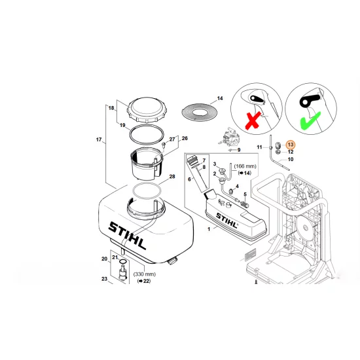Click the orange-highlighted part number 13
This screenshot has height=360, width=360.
coord(291,145)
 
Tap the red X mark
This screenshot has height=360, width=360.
coord(253,120)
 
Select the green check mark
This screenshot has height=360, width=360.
coord(310,120)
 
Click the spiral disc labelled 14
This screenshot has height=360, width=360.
coord(199,112)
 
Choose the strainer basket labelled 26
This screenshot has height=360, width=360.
coord(146,164)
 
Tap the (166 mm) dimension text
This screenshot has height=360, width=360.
coord(245,166)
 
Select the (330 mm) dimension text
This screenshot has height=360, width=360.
coord(145,274)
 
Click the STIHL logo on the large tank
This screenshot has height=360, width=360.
coord(127,236)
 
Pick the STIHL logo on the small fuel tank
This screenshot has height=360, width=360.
coord(226,221)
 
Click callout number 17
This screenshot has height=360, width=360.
coord(99,139)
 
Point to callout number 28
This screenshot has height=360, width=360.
coord(172,177)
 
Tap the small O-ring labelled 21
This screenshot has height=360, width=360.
coord(123,262)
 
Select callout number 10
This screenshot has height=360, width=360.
coord(291,159)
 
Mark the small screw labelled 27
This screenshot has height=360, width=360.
coord(164,145)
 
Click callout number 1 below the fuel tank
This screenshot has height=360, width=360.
coord(209,229)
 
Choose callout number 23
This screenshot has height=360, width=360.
coord(105,279)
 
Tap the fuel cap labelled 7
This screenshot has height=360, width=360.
coord(192,159)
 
